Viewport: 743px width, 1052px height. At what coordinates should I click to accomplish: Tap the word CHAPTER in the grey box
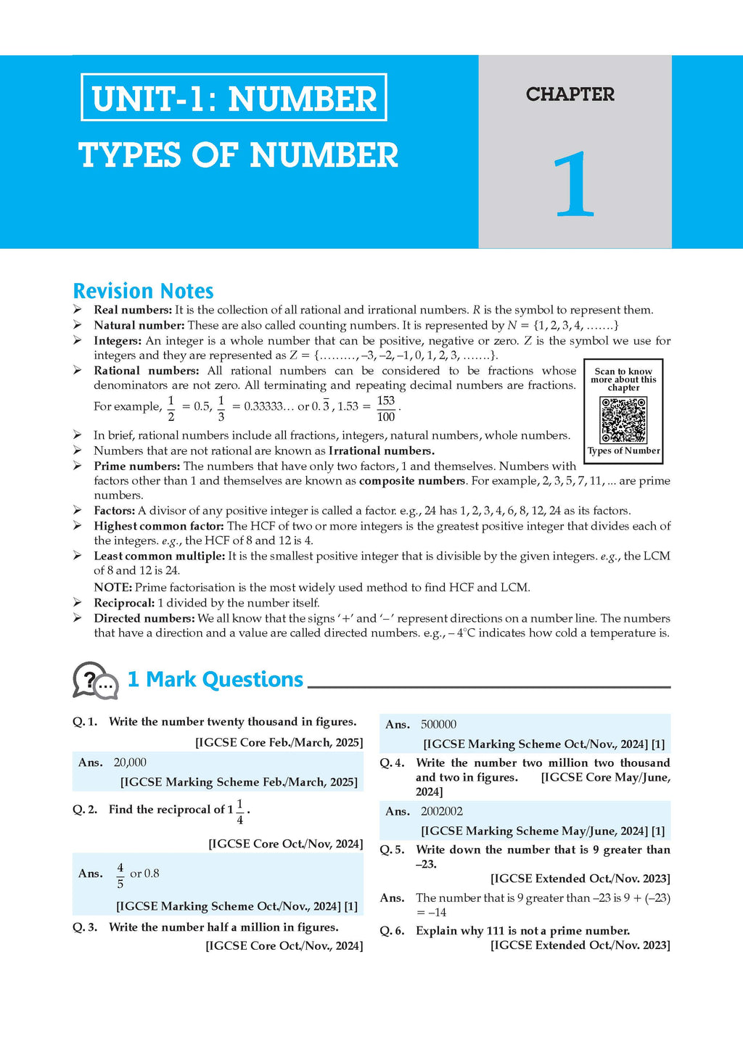coord(570,94)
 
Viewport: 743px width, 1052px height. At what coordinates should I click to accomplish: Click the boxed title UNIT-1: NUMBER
coord(234,98)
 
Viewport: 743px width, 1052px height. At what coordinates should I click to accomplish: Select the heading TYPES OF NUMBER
coord(238,155)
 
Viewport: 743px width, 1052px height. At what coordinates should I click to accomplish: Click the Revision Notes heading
coord(143,291)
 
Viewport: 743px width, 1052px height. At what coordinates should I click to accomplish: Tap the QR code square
coord(623,419)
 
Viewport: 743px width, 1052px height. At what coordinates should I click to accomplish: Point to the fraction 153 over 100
coord(386,408)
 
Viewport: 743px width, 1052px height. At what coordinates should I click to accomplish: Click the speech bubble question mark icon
coord(95,681)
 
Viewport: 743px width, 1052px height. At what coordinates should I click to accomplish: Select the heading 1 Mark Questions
coord(215,680)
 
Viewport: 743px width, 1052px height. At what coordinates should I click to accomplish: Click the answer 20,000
coord(130,763)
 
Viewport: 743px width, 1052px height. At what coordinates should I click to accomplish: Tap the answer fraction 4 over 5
coord(120,876)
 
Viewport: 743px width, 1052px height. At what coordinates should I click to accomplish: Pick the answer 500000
coord(438,724)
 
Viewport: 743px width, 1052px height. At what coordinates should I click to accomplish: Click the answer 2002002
coord(441,811)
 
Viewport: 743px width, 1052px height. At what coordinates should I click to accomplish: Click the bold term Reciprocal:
coord(124,603)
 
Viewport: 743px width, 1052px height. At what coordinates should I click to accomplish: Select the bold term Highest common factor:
coord(159,526)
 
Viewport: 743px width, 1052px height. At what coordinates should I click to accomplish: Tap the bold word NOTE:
coord(112,587)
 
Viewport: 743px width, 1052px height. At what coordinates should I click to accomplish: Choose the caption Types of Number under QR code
coord(623,451)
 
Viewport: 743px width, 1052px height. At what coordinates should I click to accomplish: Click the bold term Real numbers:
coord(133,310)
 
